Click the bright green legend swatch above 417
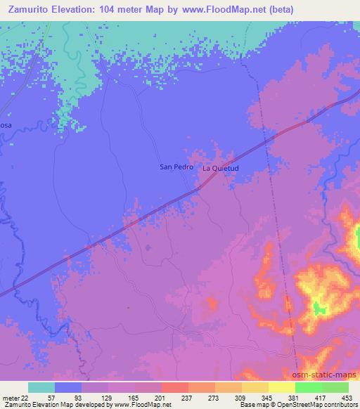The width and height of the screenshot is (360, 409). point(309,387)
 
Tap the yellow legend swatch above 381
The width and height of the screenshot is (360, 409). point(282,387)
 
